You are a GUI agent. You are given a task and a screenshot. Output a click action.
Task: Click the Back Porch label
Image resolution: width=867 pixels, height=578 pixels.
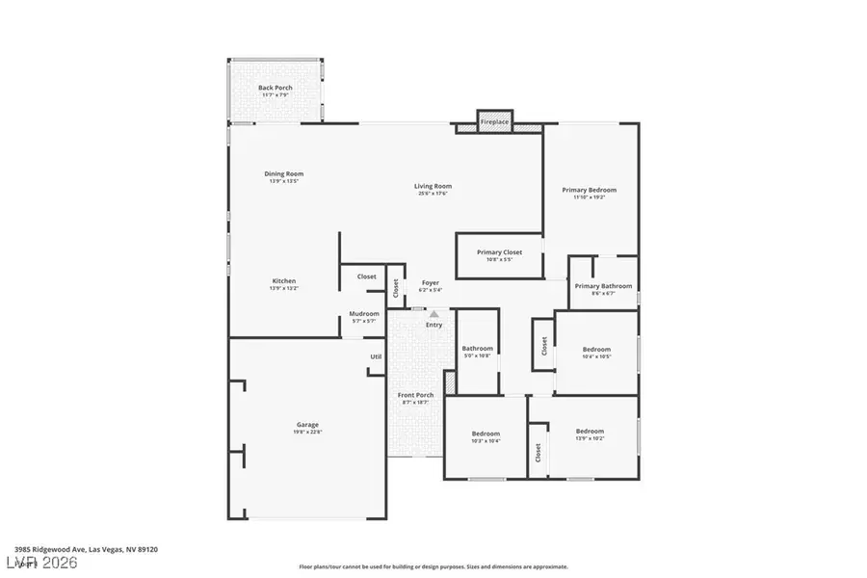pos(276,89)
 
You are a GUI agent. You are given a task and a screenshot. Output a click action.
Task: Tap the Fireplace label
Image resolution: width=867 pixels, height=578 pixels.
pos(495,122)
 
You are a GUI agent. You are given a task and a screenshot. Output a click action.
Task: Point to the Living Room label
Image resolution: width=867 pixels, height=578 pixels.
pos(433,187)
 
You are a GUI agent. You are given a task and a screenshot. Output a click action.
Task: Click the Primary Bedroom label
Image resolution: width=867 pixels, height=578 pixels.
pos(590,191)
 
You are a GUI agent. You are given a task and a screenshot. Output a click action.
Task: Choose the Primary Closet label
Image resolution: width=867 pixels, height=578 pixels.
pos(500,252)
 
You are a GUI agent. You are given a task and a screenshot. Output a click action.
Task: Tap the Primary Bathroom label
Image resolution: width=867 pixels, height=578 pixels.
pos(603,286)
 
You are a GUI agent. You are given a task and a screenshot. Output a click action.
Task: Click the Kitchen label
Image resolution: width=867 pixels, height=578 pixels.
pos(283,281)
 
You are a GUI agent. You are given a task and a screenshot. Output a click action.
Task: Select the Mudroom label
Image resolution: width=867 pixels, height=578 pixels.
pos(364,314)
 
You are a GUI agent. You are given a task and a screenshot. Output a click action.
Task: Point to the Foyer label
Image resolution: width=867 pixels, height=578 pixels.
pos(431,283)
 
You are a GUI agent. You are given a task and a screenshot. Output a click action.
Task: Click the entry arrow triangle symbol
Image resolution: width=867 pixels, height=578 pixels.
pos(434,313)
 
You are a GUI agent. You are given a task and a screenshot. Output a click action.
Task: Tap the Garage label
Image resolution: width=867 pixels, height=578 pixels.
pos(307,425)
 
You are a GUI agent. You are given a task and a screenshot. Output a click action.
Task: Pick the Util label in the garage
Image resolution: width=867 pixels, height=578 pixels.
pos(376,356)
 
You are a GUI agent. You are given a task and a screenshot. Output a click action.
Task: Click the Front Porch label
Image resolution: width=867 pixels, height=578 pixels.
pos(416,395)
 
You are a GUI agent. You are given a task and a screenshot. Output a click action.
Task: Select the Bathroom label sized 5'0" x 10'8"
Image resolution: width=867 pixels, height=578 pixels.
pos(477,349)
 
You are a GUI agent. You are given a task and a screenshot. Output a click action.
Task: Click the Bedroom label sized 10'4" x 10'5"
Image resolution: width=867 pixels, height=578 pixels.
pos(596,350)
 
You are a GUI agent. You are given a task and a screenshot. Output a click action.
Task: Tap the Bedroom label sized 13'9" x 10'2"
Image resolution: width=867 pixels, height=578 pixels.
pos(590,431)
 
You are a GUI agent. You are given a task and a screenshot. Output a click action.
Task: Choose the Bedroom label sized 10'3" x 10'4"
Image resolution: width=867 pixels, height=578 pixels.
pos(486,433)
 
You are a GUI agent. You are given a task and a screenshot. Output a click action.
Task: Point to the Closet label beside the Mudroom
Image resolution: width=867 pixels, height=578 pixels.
pos(367,276)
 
